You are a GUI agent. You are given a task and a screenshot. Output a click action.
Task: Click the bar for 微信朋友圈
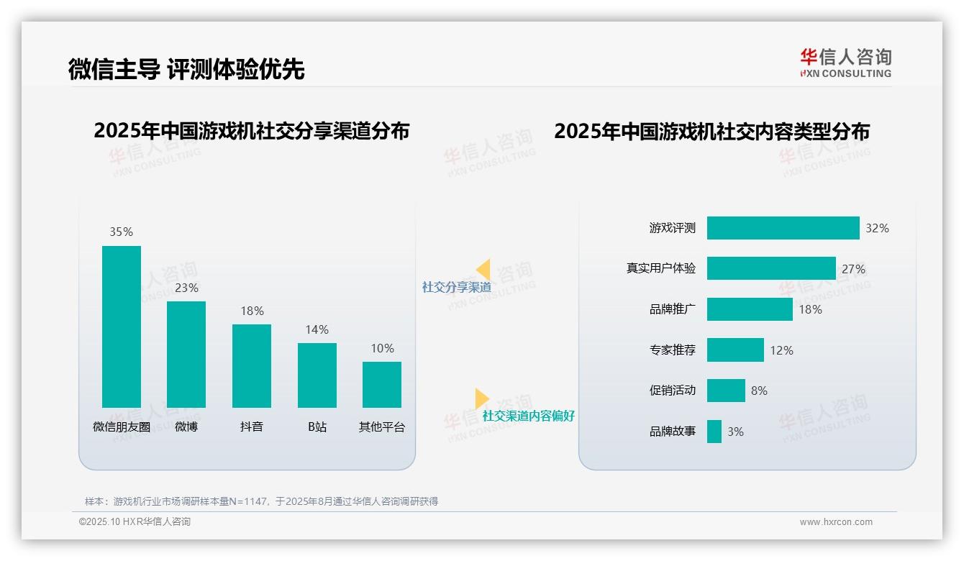click(x=121, y=327)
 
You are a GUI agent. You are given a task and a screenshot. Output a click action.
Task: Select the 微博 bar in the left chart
click(x=186, y=354)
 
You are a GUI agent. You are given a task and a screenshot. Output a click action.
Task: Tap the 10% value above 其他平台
click(x=382, y=349)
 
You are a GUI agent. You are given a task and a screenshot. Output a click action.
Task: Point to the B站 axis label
click(x=317, y=427)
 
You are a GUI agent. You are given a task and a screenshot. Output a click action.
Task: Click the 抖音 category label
click(x=252, y=427)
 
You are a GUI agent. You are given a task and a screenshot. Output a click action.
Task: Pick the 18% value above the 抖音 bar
click(x=252, y=311)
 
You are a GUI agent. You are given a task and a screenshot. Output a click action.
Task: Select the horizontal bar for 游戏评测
click(x=783, y=228)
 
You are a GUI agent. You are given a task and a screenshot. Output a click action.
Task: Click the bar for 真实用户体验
click(x=771, y=268)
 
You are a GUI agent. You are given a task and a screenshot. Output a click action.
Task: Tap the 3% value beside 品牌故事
click(x=735, y=432)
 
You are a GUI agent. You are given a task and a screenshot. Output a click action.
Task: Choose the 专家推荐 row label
click(x=673, y=350)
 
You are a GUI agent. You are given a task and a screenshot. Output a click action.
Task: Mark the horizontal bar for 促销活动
click(x=726, y=391)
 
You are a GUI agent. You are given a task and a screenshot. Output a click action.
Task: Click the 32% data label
click(x=877, y=228)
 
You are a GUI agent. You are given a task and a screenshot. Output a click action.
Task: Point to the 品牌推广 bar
click(x=750, y=309)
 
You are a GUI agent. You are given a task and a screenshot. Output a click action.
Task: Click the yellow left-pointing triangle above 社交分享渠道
click(x=483, y=270)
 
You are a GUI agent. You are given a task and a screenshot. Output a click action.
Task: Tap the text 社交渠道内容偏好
click(x=528, y=416)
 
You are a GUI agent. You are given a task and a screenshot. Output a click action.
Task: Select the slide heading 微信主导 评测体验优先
click(x=186, y=69)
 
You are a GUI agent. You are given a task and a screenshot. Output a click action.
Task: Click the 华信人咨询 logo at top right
click(x=845, y=63)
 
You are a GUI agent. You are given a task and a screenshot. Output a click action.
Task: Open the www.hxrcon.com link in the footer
click(x=836, y=522)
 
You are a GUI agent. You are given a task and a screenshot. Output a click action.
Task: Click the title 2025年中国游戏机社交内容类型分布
click(x=711, y=132)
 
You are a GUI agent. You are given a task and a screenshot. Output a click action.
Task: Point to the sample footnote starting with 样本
click(x=261, y=501)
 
